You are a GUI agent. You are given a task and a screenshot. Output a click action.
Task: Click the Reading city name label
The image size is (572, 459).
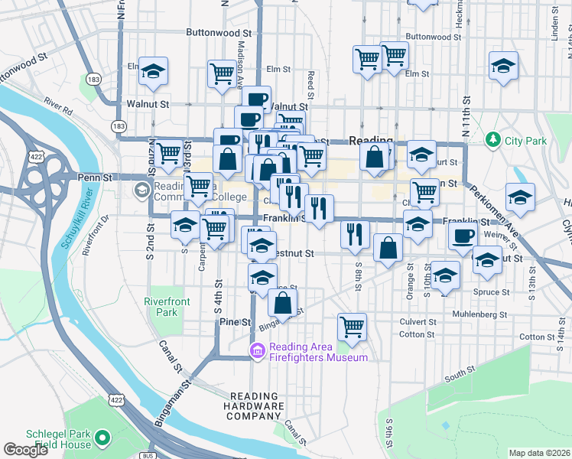point(370,141)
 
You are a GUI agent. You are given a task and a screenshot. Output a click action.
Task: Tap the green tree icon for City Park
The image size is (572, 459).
point(493,140)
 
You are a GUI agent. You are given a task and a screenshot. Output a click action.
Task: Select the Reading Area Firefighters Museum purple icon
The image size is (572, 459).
point(257,351)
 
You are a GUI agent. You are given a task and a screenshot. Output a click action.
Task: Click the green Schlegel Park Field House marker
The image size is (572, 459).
point(102,438)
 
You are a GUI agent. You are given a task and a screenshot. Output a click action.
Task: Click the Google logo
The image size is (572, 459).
point(26,449)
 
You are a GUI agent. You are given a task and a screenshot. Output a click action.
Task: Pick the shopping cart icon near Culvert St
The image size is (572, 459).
point(352,326)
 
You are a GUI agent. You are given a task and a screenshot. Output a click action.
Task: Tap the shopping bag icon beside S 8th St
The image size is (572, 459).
point(388,248)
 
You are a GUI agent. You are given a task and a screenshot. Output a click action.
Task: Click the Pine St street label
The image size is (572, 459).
point(235,323)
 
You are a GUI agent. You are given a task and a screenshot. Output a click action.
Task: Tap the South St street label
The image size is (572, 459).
point(460,373)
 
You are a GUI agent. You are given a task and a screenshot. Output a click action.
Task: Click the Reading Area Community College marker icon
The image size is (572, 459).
point(142,189)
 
